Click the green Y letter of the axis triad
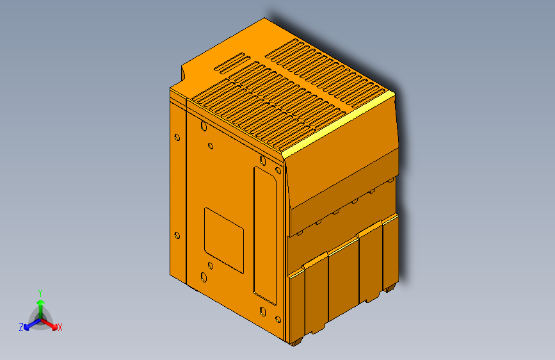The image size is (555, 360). pos(40,292)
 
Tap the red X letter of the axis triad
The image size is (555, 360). pos(60,327)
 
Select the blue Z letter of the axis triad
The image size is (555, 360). pos(21,327)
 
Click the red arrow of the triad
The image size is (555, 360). pos(51,324)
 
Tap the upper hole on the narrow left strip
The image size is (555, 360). pos(177,136)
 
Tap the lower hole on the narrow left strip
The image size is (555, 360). pos(177,235)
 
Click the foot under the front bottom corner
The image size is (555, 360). pos(295,342)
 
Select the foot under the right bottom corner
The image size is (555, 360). pos(389,289)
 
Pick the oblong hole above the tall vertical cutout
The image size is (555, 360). pos(262,160)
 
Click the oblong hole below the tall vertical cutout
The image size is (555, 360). pos(262,311)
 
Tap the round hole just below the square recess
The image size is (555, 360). pos(209,265)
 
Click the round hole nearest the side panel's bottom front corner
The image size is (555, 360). pos(278,318)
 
